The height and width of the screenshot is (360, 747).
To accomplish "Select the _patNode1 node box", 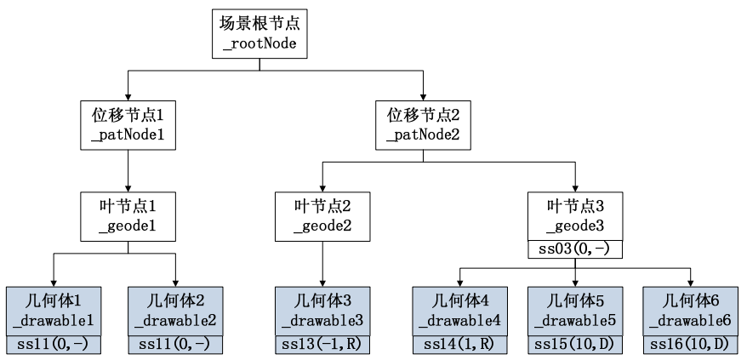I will [127, 126].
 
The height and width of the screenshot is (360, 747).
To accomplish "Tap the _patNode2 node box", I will [423, 126].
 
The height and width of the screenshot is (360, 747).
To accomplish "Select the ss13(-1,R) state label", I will [322, 344].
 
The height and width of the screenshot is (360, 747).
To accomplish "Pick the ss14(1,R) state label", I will [460, 344].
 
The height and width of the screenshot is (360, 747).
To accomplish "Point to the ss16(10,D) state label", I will [691, 344].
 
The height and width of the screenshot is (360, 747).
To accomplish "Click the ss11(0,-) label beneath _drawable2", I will [175, 344].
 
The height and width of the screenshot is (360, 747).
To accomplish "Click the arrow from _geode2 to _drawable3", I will [322, 264].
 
